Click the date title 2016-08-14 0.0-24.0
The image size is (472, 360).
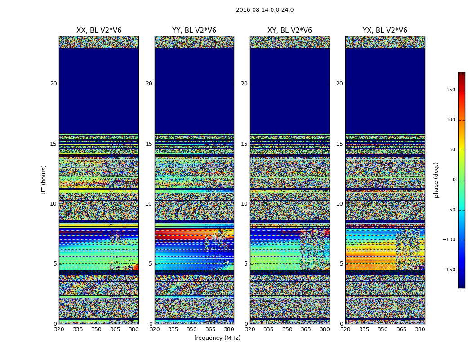click(265, 10)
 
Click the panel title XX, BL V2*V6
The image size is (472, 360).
click(99, 31)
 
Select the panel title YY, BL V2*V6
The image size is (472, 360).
click(194, 31)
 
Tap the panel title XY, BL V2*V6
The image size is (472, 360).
click(290, 31)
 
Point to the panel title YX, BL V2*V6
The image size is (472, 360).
click(385, 31)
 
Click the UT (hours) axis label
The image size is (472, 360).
click(44, 180)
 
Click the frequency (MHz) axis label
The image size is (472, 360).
click(217, 338)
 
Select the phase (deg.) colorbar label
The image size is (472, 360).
click(436, 180)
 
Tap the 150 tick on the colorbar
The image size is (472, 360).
click(450, 90)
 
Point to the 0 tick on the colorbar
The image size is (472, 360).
click(454, 180)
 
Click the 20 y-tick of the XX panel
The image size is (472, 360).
click(53, 84)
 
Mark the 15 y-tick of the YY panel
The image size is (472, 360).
click(149, 144)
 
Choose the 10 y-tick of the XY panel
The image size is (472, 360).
click(244, 204)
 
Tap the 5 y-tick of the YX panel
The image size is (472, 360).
click(341, 264)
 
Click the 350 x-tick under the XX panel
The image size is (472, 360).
click(96, 329)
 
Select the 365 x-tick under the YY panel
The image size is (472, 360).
click(210, 329)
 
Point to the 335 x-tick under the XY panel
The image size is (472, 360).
click(268, 329)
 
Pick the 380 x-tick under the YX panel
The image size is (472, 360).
click(420, 329)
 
